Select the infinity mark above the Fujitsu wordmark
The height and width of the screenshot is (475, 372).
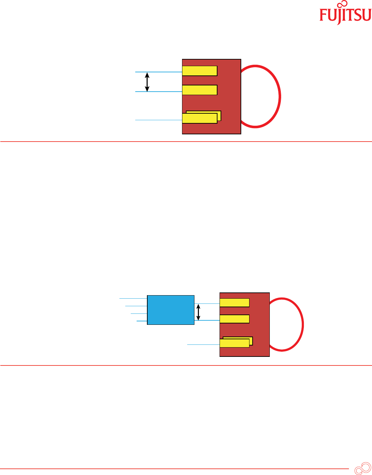(342, 4)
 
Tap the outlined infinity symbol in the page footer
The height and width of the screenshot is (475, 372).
(362, 469)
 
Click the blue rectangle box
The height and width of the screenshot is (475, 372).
(171, 310)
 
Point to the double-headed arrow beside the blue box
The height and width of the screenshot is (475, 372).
(198, 312)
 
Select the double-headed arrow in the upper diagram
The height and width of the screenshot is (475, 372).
(147, 82)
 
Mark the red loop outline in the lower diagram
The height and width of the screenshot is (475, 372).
(302, 324)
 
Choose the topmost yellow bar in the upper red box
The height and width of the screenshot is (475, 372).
(200, 71)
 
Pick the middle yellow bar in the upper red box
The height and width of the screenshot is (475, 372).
(200, 90)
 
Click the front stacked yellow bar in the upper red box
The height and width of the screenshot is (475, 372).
(200, 118)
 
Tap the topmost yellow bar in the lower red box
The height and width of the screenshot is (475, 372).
(234, 303)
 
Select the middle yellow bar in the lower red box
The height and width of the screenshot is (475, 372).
(234, 319)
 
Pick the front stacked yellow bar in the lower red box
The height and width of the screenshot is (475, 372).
(234, 343)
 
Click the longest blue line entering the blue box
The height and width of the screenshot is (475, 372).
(133, 298)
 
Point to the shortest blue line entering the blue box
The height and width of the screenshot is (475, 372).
(142, 321)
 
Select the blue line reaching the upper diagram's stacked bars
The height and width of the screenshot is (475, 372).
(158, 120)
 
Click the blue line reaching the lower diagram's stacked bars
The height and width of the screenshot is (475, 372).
(203, 344)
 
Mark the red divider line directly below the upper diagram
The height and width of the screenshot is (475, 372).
(186, 142)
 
